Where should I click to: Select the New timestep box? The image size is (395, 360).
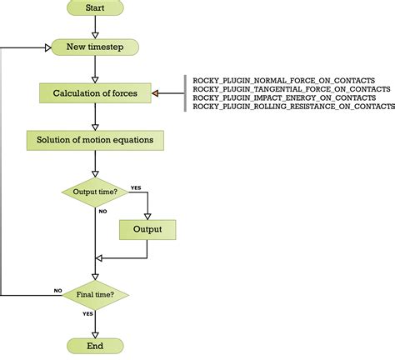point(94,47)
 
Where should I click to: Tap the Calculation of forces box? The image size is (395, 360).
point(94,92)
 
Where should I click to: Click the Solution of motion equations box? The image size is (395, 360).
point(94,138)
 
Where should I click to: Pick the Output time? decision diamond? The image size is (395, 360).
point(94,192)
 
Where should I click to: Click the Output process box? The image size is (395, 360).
point(147,229)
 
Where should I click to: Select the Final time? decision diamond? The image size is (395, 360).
point(94,293)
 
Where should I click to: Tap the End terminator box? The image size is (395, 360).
point(94,345)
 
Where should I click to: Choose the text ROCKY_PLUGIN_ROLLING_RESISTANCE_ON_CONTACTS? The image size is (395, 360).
point(293,107)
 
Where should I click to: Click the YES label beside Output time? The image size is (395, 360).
point(135,187)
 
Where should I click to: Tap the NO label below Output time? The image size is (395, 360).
point(102,211)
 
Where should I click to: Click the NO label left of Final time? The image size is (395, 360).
point(57,290)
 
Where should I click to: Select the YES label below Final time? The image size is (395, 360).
point(87,313)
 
